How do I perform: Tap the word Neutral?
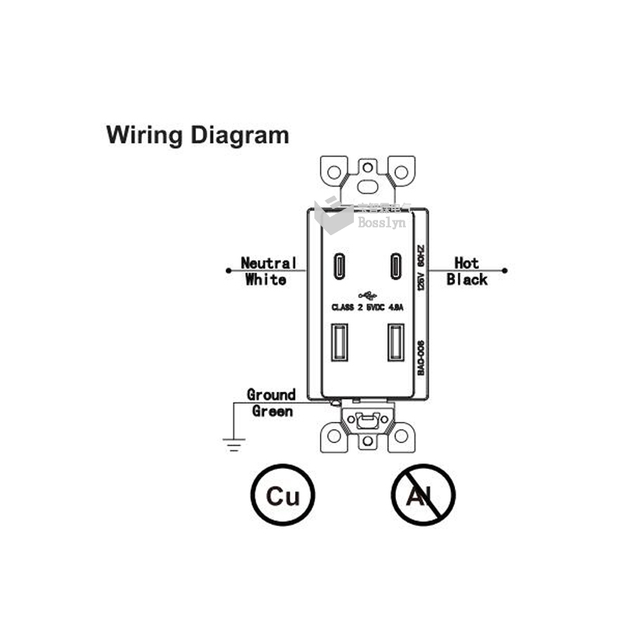pyautogui.click(x=268, y=264)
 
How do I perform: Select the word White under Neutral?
pyautogui.click(x=265, y=279)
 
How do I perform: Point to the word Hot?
pyautogui.click(x=467, y=264)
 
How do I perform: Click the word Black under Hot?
pyautogui.click(x=467, y=279)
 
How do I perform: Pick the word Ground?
pyautogui.click(x=271, y=394)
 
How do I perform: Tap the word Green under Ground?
pyautogui.click(x=272, y=411)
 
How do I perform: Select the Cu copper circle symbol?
pyautogui.click(x=282, y=495)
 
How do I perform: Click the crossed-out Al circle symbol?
pyautogui.click(x=422, y=495)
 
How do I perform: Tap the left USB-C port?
pyautogui.click(x=340, y=266)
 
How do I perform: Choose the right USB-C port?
pyautogui.click(x=395, y=266)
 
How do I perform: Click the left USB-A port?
pyautogui.click(x=339, y=342)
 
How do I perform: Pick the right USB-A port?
pyautogui.click(x=395, y=342)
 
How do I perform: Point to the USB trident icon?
pyautogui.click(x=367, y=296)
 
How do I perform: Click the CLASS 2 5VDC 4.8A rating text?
pyautogui.click(x=367, y=307)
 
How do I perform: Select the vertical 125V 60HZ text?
pyautogui.click(x=420, y=268)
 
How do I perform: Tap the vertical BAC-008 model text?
pyautogui.click(x=420, y=358)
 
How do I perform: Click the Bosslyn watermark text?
pyautogui.click(x=381, y=223)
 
